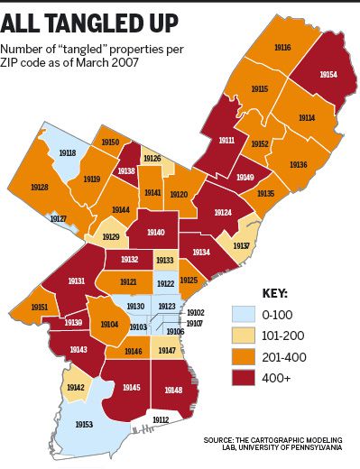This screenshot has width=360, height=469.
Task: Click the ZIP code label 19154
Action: (328, 75)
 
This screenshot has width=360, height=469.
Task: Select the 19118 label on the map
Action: (67, 153)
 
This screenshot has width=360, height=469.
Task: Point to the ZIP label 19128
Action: (39, 188)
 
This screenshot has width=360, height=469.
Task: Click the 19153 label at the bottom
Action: (84, 424)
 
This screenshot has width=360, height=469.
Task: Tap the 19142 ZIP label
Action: (76, 388)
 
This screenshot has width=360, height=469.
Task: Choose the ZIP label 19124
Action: (223, 211)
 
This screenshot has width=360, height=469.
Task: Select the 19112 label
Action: (161, 420)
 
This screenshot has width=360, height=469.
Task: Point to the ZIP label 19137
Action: (241, 245)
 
